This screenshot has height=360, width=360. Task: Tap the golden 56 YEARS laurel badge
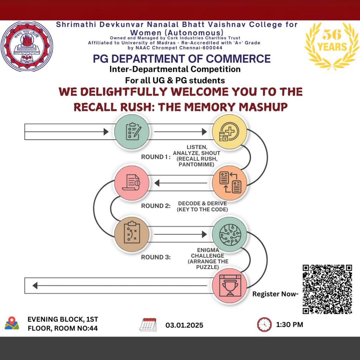tap(332, 45)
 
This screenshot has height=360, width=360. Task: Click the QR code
tap(327, 289)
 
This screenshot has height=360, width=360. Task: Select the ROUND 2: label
tap(156, 206)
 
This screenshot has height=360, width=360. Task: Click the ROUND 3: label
tap(156, 257)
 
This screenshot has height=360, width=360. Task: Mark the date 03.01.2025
tap(184, 325)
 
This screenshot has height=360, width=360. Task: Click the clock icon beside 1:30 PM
tap(264, 324)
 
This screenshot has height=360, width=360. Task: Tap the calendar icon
tap(148, 324)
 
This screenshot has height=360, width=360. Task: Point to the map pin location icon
tap(12, 323)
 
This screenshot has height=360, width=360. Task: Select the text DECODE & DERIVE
tap(202, 204)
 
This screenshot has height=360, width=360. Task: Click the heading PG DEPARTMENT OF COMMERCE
tap(182, 58)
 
